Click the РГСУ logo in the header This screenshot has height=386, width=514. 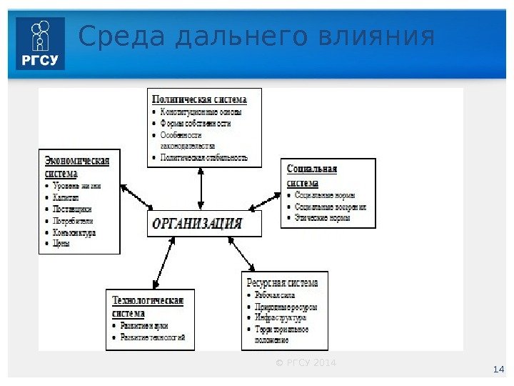[x=40, y=44]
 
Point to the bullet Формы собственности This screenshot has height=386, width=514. [x=196, y=123]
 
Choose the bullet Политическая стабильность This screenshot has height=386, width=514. [x=204, y=157]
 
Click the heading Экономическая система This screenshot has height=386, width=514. [x=77, y=167]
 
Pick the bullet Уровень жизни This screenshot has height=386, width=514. [x=77, y=186]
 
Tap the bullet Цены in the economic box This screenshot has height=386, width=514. [x=61, y=244]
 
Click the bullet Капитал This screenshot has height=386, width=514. [x=67, y=198]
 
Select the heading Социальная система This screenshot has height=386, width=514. [x=312, y=176]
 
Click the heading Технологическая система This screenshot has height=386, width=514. [x=148, y=307]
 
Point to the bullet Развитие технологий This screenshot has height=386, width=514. [x=153, y=337]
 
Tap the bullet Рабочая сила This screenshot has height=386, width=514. [x=275, y=295]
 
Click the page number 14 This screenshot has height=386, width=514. [x=499, y=370]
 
